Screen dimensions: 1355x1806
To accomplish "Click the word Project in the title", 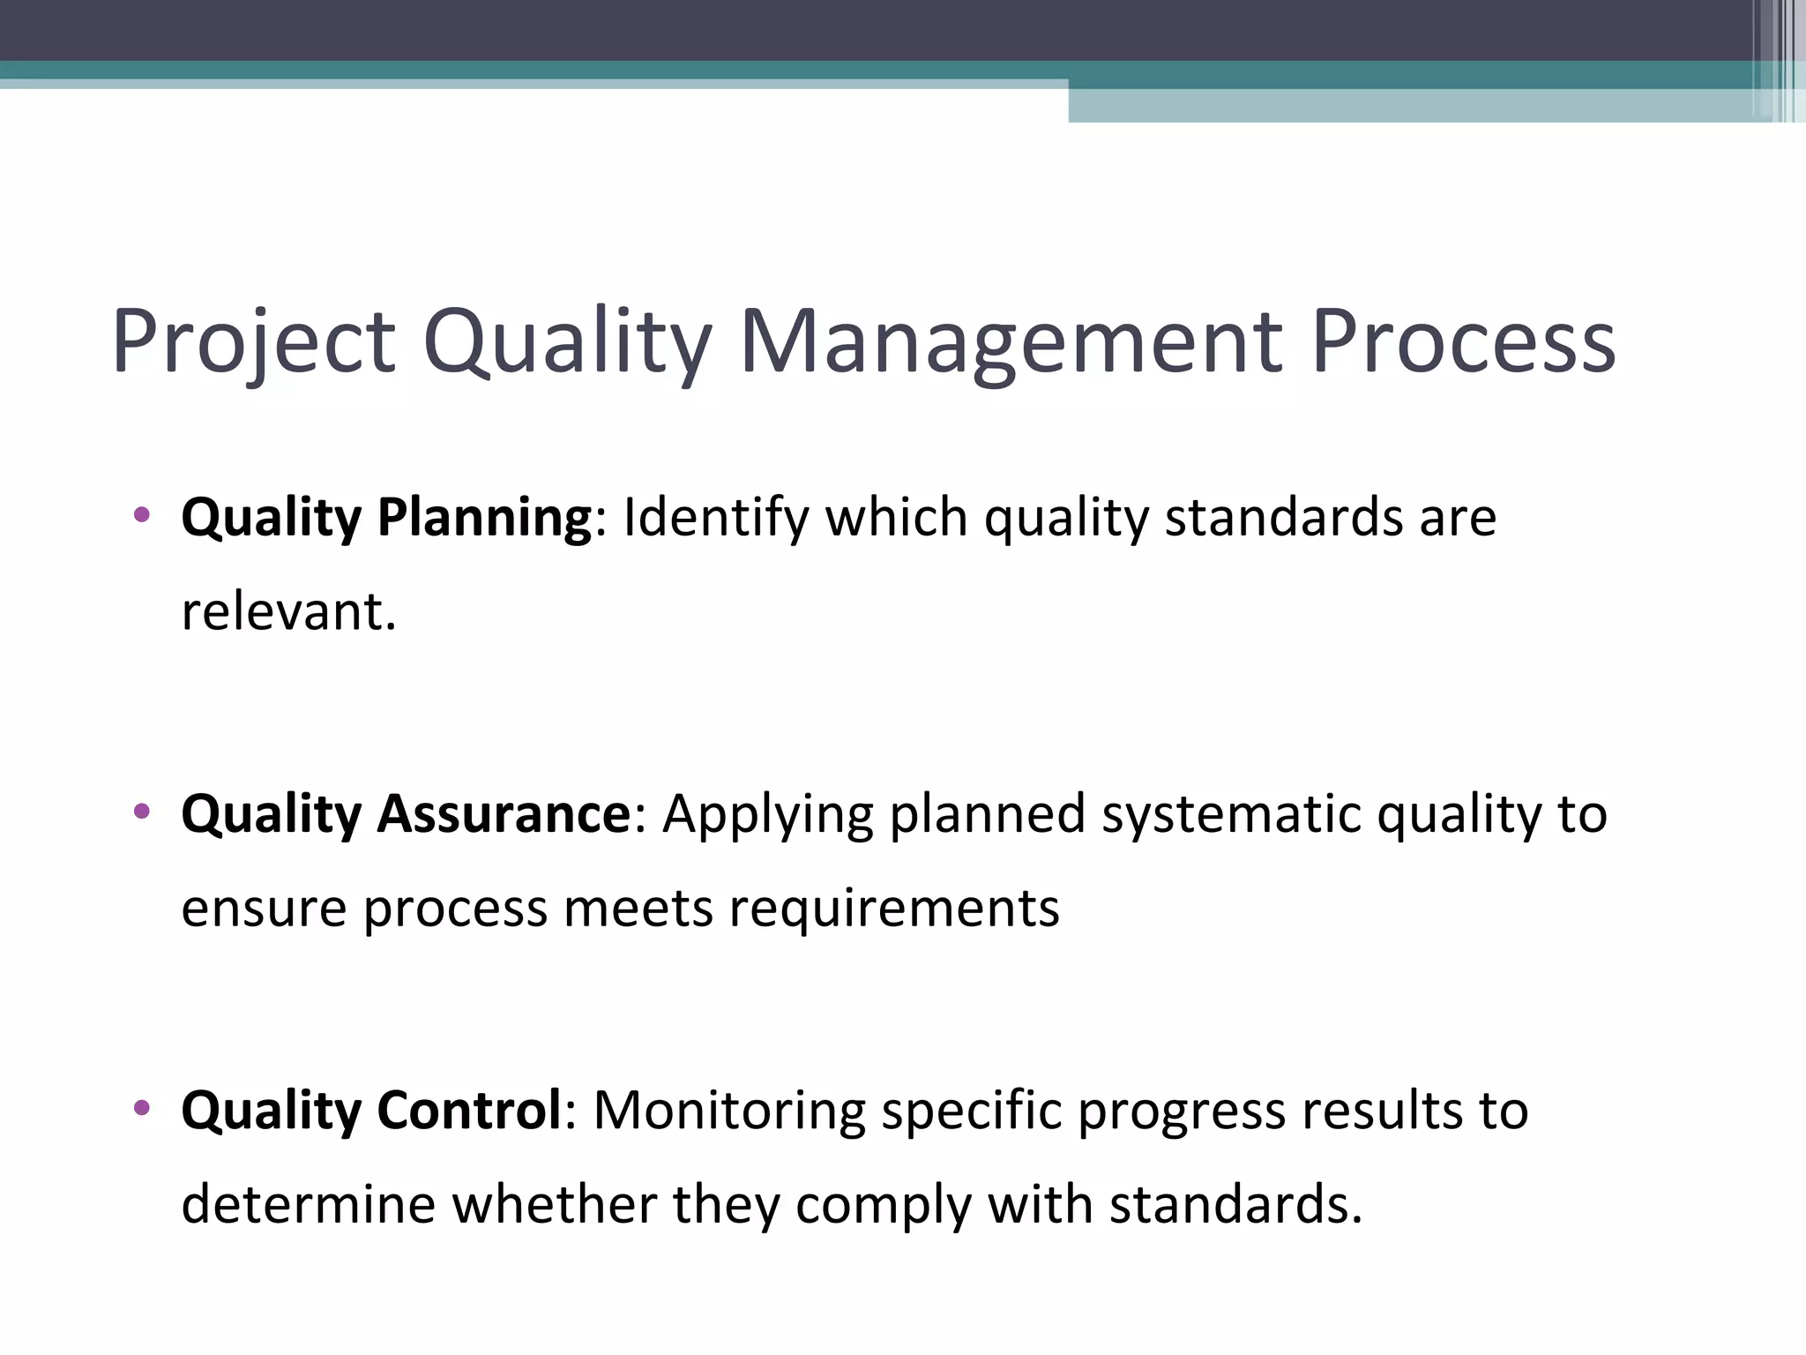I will (x=253, y=342).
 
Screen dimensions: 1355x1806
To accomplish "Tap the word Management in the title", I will (x=1010, y=342).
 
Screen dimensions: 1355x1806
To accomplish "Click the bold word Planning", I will (x=484, y=517).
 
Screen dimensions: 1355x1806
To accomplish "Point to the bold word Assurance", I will (x=504, y=813).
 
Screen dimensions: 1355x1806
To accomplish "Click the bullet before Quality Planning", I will (x=141, y=515).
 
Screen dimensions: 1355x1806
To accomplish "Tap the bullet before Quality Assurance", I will (x=141, y=812).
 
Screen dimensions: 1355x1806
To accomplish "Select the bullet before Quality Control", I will (x=141, y=1108).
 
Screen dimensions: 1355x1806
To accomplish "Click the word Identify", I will (x=715, y=517).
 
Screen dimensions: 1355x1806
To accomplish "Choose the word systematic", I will (x=1231, y=813).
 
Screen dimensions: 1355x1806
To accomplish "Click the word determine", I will (x=308, y=1205).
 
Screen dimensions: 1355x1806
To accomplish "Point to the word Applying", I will (x=767, y=813).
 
